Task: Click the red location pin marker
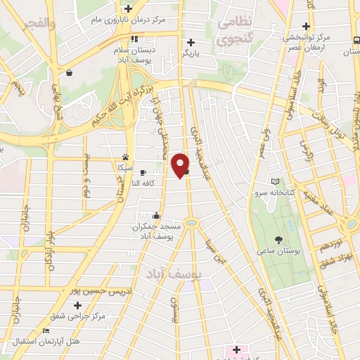(x=181, y=165)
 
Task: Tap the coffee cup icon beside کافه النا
(x=143, y=173)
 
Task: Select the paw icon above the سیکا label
(x=125, y=157)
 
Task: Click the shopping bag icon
(x=69, y=72)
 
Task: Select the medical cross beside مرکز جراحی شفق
(x=78, y=305)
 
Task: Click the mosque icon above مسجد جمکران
(x=156, y=217)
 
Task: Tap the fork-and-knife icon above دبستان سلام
(x=134, y=39)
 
